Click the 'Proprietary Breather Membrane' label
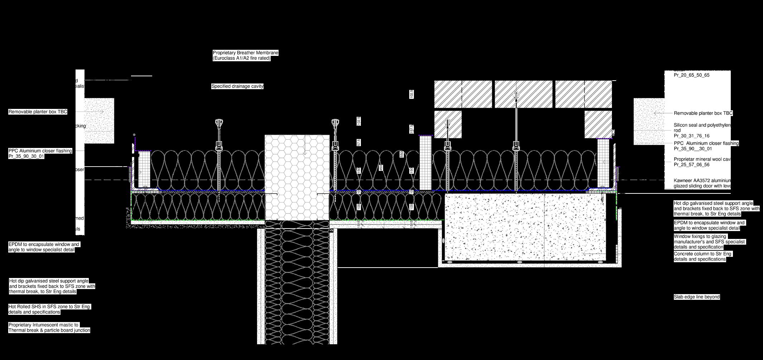245,53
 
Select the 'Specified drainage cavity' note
237,86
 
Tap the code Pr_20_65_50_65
691,75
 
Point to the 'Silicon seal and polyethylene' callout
702,125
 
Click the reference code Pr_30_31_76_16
691,136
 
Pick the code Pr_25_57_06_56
691,165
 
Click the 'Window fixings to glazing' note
700,236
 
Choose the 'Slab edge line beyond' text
696,297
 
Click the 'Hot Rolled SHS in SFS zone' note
49,307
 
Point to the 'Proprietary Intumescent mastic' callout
43,325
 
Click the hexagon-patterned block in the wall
297,177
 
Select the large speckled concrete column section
525,227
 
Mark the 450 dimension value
381,168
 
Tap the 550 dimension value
402,154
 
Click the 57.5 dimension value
359,142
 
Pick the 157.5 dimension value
412,129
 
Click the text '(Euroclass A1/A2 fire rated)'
241,58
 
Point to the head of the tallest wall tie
516,96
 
